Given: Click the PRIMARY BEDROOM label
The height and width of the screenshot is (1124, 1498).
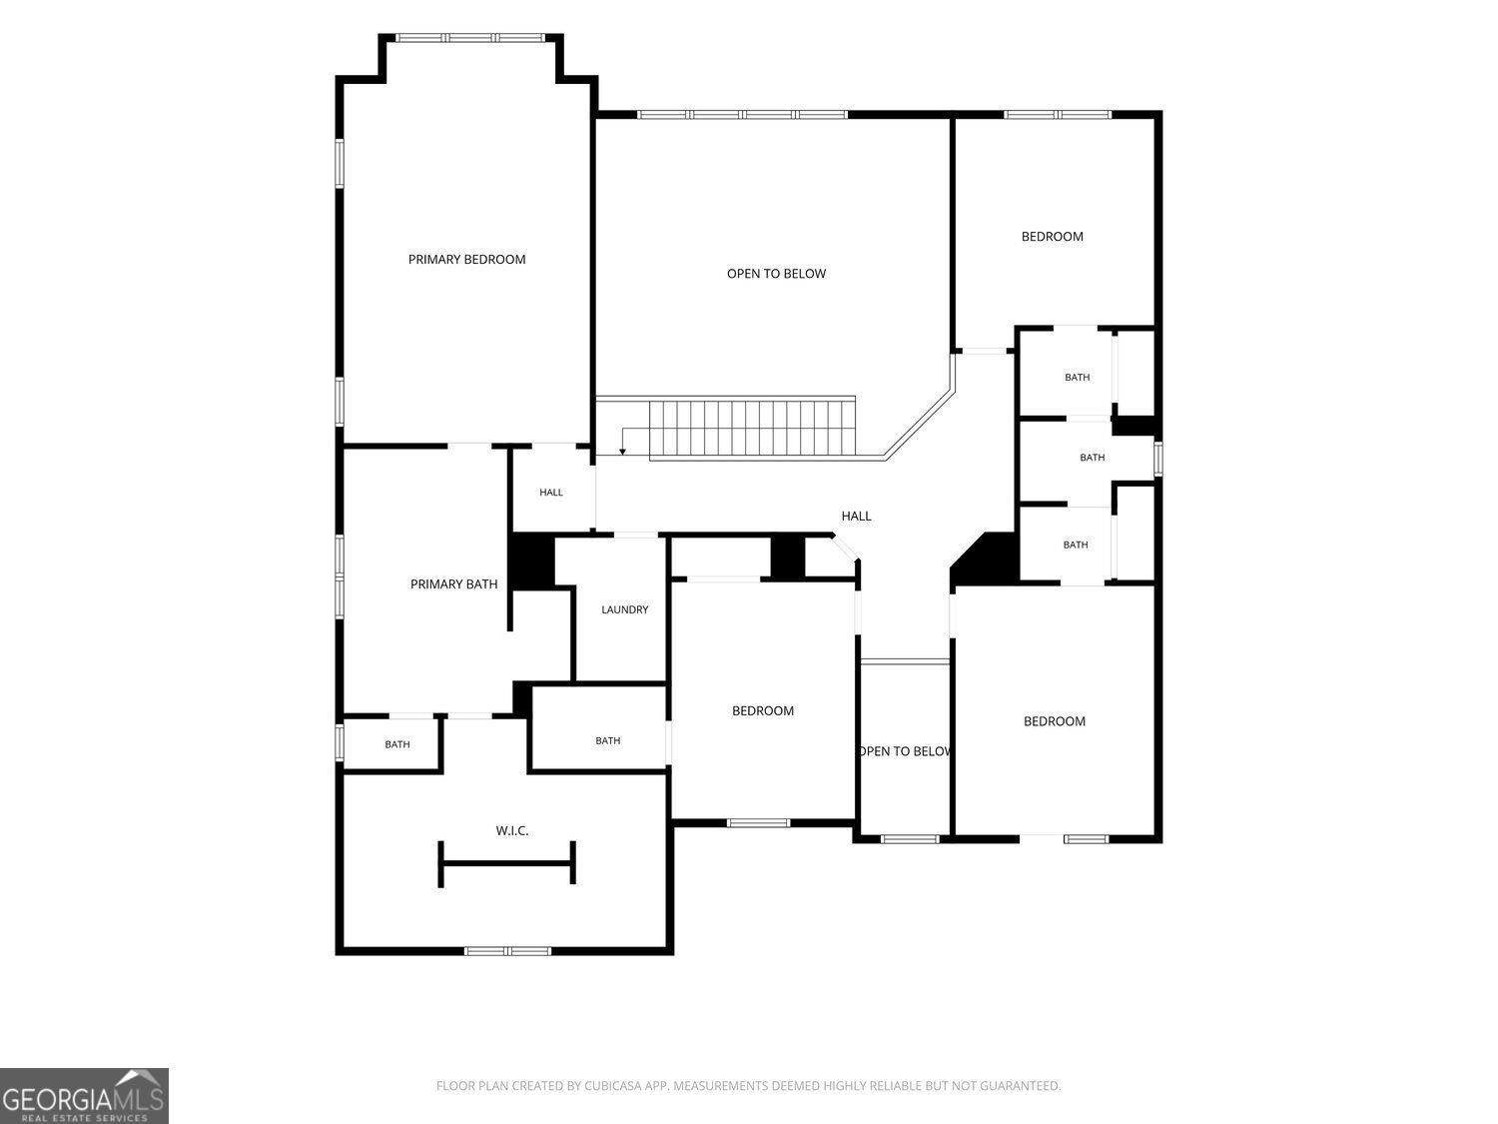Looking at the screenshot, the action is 466,260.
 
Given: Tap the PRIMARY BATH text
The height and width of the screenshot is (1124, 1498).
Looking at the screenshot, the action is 453,584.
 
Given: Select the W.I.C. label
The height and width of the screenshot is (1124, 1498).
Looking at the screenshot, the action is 512,830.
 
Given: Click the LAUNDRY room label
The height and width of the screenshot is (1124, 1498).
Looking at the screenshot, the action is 624,609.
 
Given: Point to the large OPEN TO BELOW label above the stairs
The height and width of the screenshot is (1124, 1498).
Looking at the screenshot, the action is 776,274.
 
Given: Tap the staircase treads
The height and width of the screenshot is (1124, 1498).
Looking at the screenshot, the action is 752,429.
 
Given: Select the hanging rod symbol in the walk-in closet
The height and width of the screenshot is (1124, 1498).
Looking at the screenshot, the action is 506,864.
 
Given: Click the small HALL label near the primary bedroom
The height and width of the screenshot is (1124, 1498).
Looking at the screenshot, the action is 550,492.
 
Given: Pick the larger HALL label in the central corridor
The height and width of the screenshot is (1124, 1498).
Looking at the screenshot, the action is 856,516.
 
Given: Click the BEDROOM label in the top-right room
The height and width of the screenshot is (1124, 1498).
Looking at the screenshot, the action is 1052,237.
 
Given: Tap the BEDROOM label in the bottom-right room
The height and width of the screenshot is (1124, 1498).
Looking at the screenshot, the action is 1054,721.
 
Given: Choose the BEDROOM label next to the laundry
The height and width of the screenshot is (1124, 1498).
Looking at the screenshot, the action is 762,711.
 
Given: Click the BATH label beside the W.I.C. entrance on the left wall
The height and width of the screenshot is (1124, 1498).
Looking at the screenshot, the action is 397,744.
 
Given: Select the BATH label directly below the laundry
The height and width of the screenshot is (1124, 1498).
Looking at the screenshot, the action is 607,740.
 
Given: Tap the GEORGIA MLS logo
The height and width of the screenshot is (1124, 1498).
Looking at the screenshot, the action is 83,1096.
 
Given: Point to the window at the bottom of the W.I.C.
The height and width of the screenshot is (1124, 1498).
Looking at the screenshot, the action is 507,951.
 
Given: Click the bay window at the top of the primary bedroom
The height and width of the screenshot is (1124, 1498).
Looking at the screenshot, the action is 471,38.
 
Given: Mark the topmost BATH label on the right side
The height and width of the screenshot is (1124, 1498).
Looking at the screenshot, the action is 1077,378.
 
